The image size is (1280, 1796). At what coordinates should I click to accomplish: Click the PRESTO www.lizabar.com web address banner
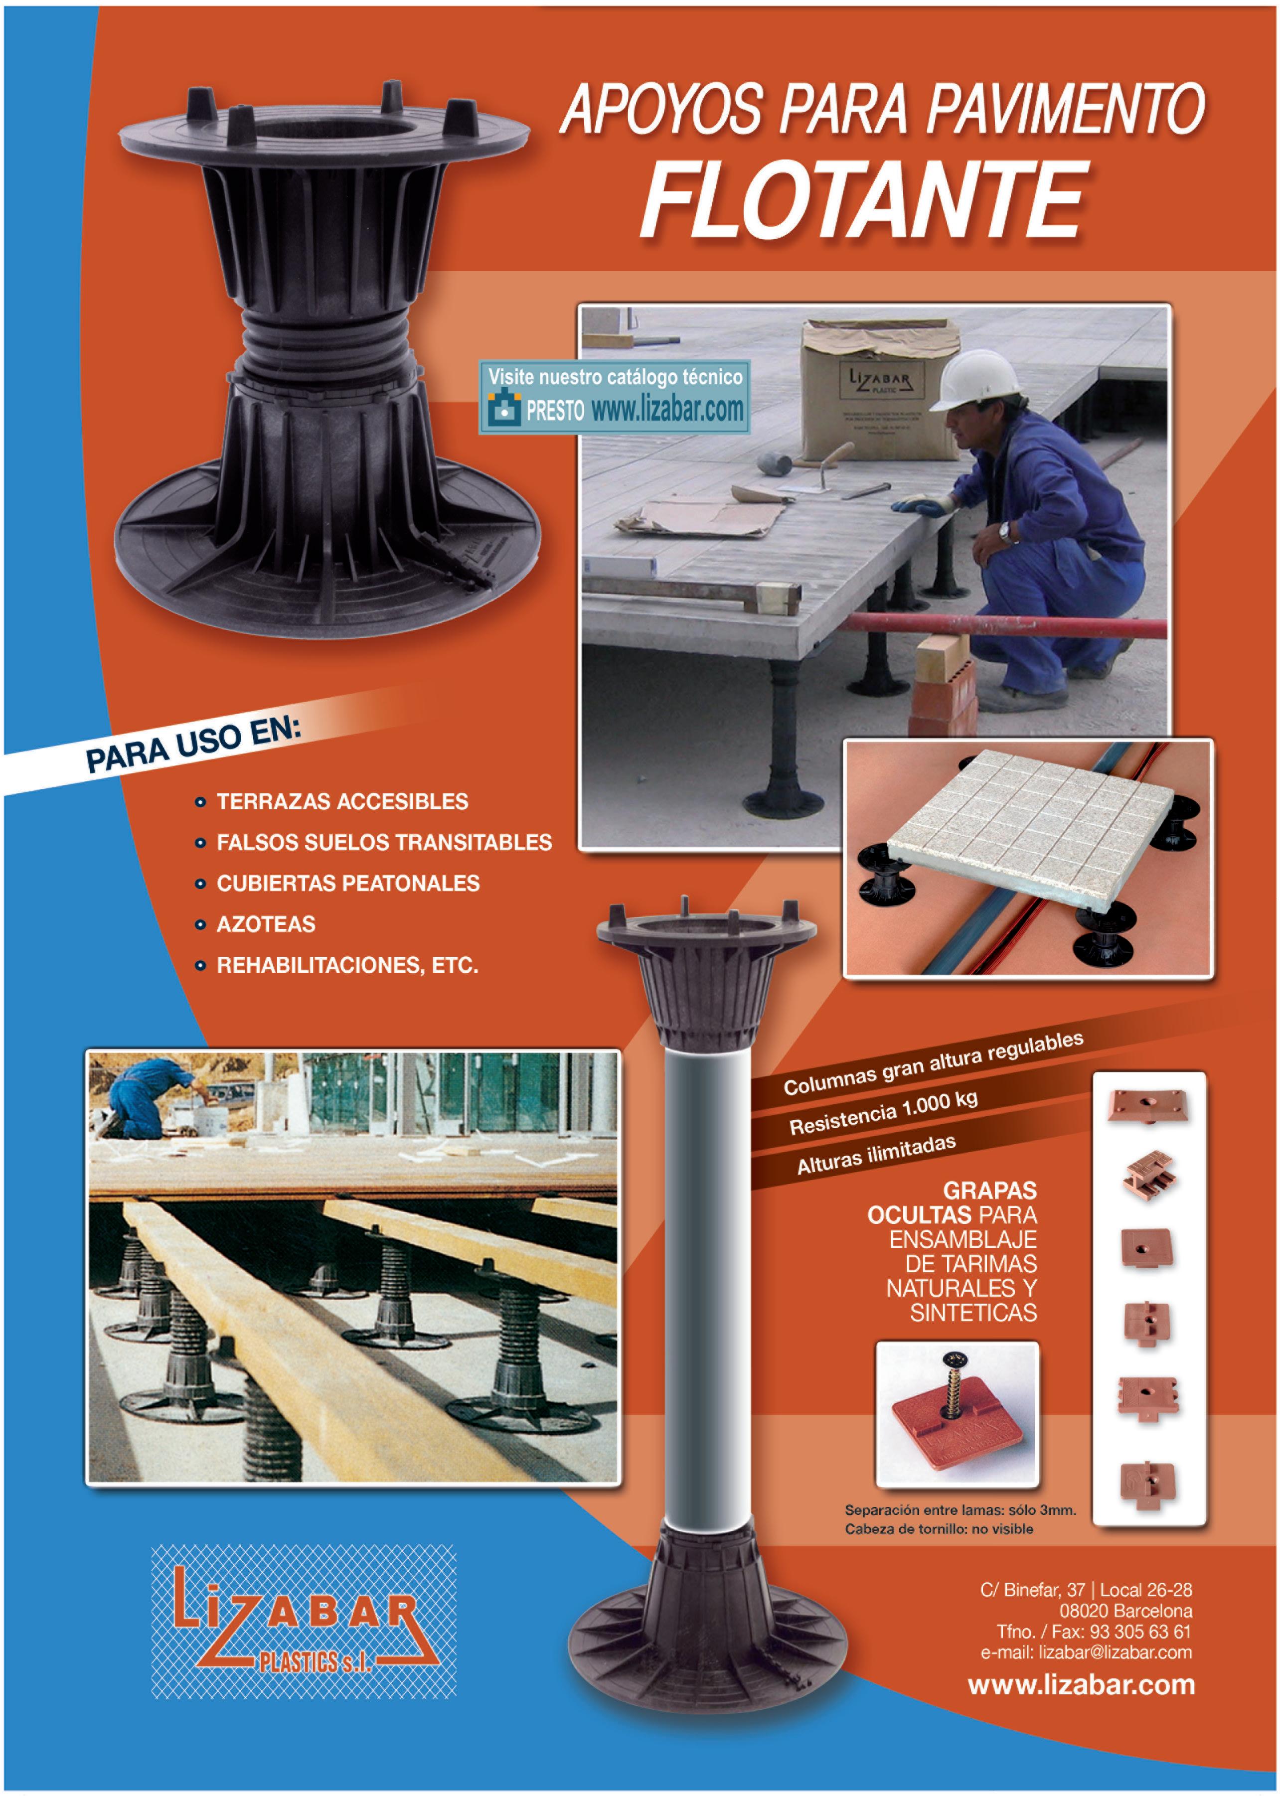point(615,397)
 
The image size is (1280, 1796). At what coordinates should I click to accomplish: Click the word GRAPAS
point(990,1190)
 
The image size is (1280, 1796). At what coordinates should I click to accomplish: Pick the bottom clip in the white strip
point(1148,1482)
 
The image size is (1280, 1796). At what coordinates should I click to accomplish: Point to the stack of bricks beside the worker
point(942,686)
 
